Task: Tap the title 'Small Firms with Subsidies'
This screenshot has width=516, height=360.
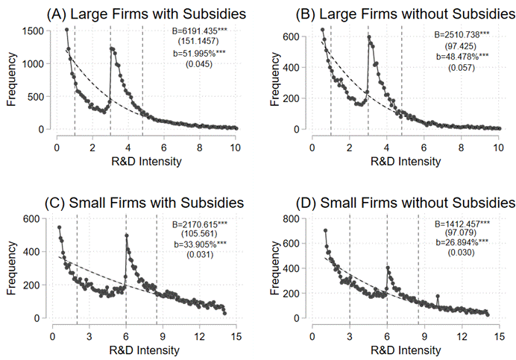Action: click(x=137, y=202)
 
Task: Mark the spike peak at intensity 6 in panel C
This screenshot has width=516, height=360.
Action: click(x=126, y=236)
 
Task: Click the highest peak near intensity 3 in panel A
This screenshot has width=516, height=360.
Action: click(x=111, y=48)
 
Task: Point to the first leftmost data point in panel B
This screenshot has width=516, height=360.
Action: click(x=322, y=30)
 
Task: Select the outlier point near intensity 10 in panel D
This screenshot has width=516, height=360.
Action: click(x=438, y=296)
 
